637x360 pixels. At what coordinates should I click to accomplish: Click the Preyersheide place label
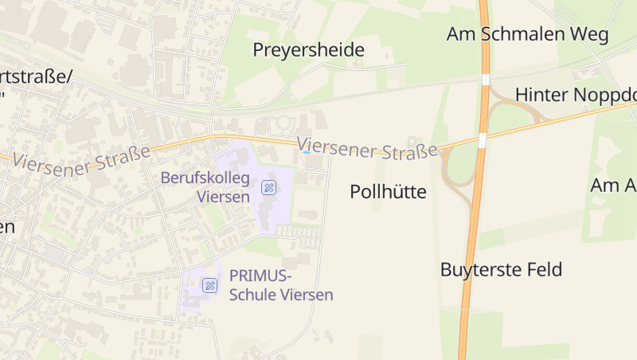(308, 50)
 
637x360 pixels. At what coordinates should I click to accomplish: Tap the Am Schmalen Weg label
(527, 34)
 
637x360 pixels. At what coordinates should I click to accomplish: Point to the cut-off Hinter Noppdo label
(576, 95)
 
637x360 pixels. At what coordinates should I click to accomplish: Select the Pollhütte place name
(388, 192)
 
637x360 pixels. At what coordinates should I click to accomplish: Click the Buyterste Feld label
(501, 269)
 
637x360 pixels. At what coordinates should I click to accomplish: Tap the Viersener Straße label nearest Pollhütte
(369, 147)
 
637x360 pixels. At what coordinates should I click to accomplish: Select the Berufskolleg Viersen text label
(205, 186)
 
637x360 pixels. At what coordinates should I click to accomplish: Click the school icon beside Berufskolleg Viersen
(269, 188)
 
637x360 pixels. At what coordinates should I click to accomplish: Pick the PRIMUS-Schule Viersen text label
(280, 285)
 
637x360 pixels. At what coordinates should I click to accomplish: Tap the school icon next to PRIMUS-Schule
(209, 285)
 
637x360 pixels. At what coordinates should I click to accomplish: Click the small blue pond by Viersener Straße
(307, 151)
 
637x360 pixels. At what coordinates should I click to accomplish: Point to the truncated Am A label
(613, 186)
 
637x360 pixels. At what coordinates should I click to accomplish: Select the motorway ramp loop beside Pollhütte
(456, 170)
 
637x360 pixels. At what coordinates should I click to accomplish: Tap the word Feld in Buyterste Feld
(543, 269)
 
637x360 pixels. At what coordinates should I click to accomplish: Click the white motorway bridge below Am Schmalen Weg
(485, 79)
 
